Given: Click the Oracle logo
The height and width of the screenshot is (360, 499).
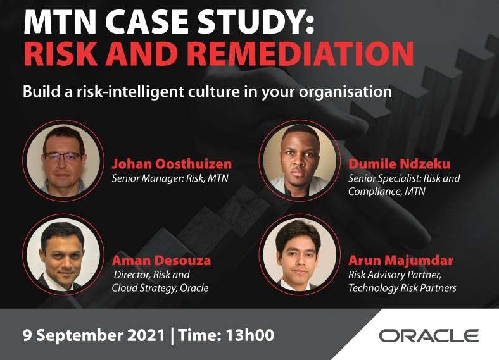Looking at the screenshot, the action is pyautogui.click(x=429, y=335).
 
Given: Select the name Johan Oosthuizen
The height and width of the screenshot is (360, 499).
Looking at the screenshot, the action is pyautogui.click(x=172, y=164).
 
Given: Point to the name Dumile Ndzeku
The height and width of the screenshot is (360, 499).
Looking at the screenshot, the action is pyautogui.click(x=400, y=164).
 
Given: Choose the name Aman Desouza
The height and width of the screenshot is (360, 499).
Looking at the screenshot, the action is pyautogui.click(x=161, y=261).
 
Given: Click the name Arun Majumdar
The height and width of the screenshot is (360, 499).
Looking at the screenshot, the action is pyautogui.click(x=401, y=261).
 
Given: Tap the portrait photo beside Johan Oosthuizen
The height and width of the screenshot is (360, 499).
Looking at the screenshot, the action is pyautogui.click(x=63, y=160).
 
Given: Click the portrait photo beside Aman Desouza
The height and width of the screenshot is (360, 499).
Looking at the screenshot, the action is pyautogui.click(x=63, y=254).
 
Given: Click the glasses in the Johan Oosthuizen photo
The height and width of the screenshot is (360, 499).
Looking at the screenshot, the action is pyautogui.click(x=63, y=157).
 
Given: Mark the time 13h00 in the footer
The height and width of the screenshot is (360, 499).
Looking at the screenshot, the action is pyautogui.click(x=250, y=335).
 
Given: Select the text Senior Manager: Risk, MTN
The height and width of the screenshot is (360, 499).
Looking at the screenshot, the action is pyautogui.click(x=170, y=178).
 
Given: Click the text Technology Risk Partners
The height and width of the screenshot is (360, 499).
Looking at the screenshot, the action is pyautogui.click(x=402, y=288).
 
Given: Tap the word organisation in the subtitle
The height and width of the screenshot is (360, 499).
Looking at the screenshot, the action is pyautogui.click(x=345, y=92).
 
